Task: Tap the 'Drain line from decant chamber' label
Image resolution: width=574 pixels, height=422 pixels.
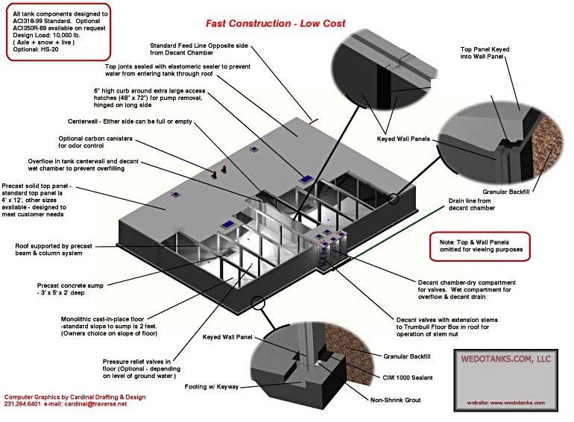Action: coord(473,204)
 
